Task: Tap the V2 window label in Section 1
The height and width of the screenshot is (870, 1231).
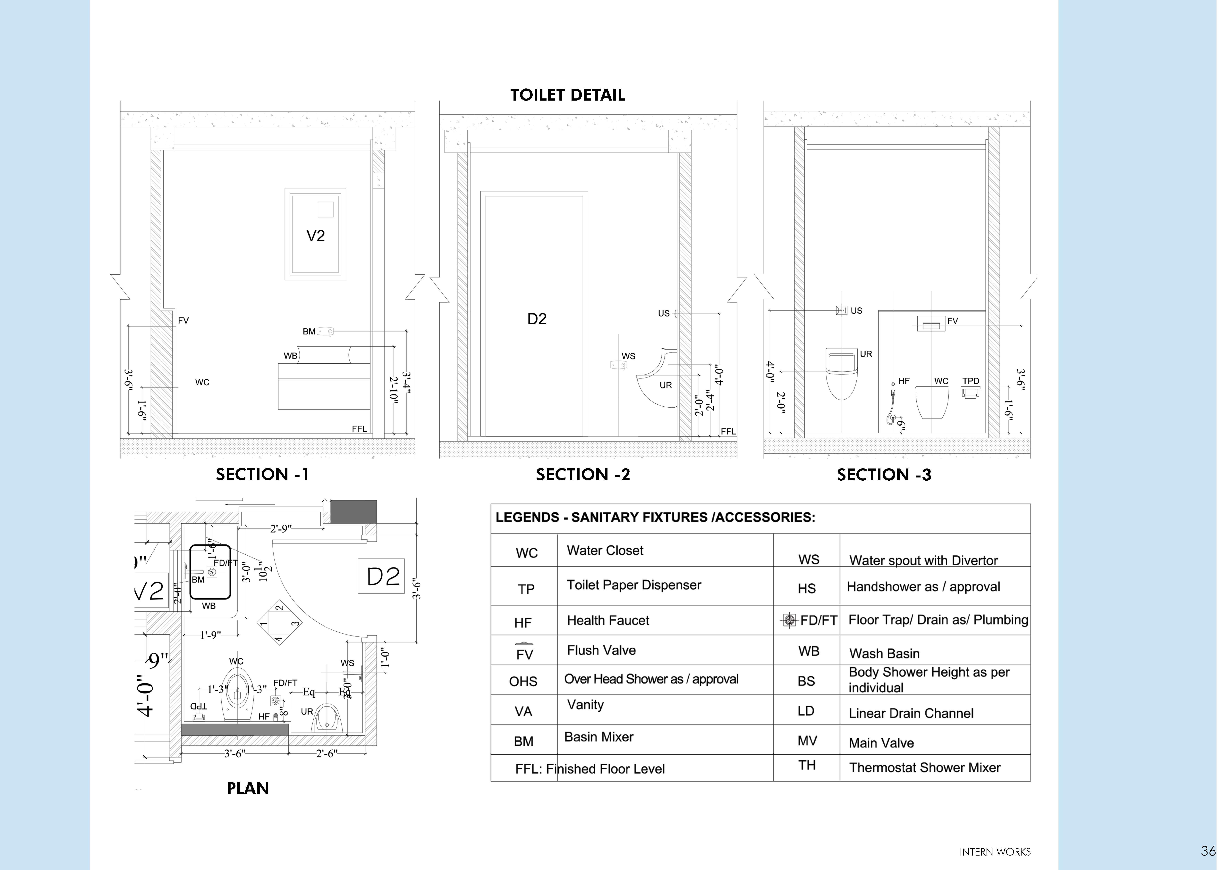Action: (315, 236)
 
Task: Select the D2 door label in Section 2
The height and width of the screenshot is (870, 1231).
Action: (537, 319)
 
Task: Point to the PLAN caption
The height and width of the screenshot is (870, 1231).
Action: (248, 788)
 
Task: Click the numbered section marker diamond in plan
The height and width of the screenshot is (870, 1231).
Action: (279, 623)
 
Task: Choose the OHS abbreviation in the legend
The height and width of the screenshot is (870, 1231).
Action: (523, 681)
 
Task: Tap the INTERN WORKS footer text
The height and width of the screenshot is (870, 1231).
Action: (995, 852)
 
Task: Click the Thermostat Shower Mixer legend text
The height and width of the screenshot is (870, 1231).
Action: (925, 768)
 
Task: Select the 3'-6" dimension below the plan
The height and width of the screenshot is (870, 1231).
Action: (235, 754)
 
